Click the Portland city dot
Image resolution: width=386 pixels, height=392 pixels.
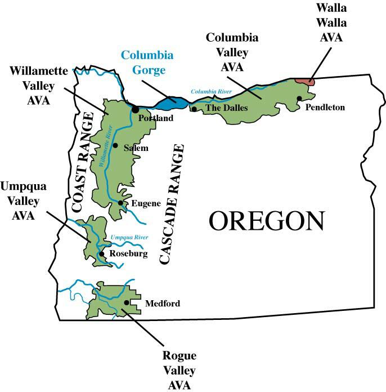point(136,109)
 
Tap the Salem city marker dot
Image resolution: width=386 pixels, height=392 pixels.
point(115,145)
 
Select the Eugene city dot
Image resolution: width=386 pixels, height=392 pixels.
point(120,203)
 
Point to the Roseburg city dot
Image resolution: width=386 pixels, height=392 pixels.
point(101,253)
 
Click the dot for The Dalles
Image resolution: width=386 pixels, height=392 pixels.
point(194,109)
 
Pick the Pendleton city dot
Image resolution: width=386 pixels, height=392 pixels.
point(299,99)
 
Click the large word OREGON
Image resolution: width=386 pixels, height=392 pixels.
point(267,221)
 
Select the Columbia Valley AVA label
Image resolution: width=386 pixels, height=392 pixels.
point(232,52)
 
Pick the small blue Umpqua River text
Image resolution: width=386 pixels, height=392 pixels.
point(129,238)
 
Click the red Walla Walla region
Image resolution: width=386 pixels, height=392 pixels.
point(305,81)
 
